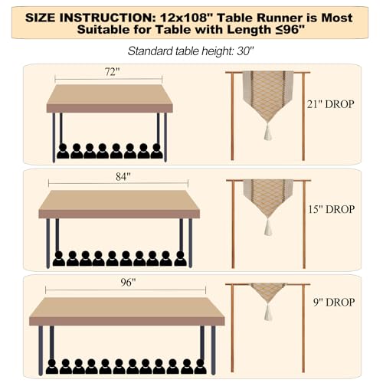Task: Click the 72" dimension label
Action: [109, 72]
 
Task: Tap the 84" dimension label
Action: [119, 177]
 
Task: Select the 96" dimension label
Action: [127, 283]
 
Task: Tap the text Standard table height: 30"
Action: [192, 52]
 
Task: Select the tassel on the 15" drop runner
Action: [268, 228]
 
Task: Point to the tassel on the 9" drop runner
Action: [268, 312]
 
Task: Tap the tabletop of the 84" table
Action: [119, 203]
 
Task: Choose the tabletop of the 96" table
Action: [127, 309]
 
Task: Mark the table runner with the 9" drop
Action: [268, 291]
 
